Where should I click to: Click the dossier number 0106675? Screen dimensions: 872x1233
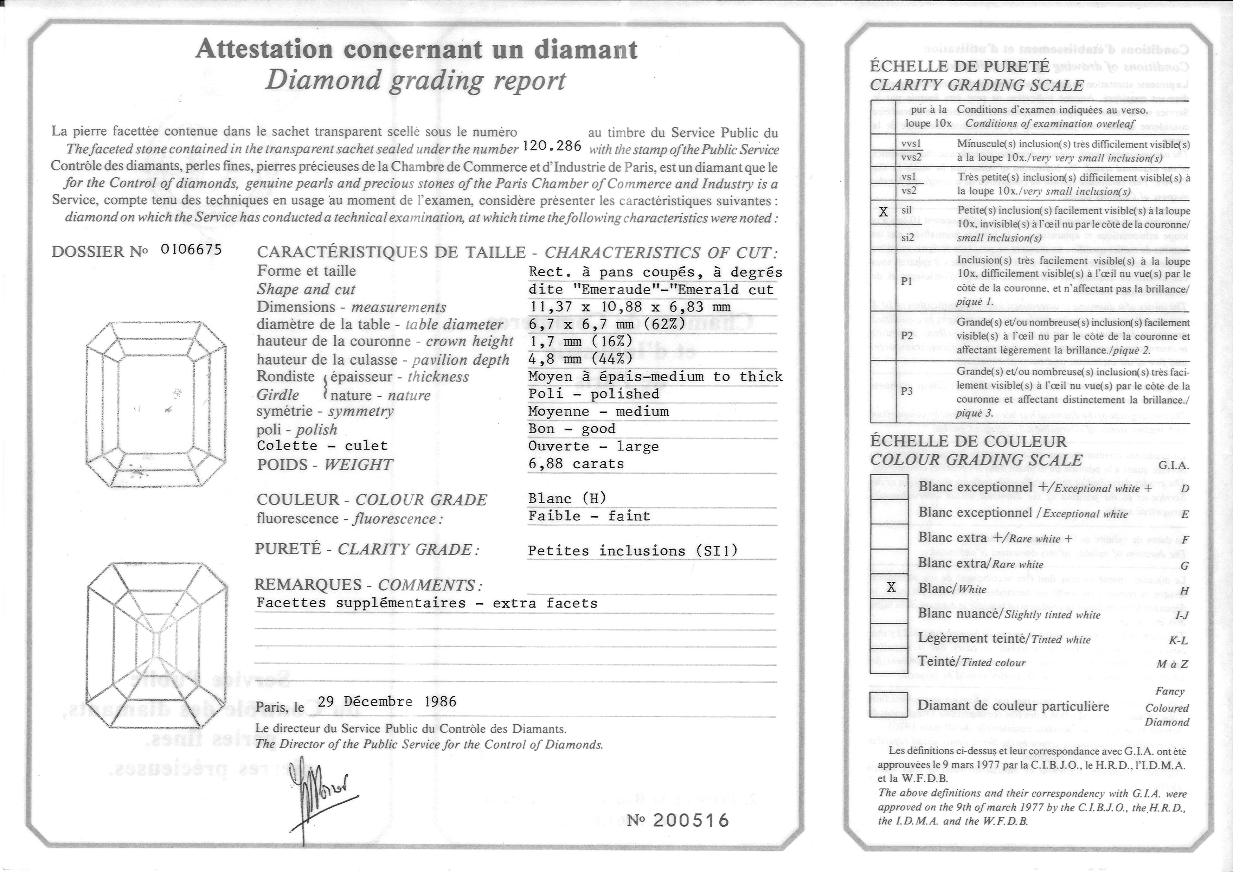point(191,249)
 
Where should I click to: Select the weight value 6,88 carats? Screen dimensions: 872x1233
point(576,463)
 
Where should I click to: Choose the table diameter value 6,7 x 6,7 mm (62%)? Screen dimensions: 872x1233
point(607,324)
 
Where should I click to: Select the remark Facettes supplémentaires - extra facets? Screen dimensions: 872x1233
point(427,603)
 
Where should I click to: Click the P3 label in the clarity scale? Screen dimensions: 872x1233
point(906,391)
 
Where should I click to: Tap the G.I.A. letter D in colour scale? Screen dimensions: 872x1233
point(1185,489)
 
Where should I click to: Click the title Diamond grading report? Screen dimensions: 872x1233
point(415,81)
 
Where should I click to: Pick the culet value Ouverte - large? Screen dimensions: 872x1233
point(593,446)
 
